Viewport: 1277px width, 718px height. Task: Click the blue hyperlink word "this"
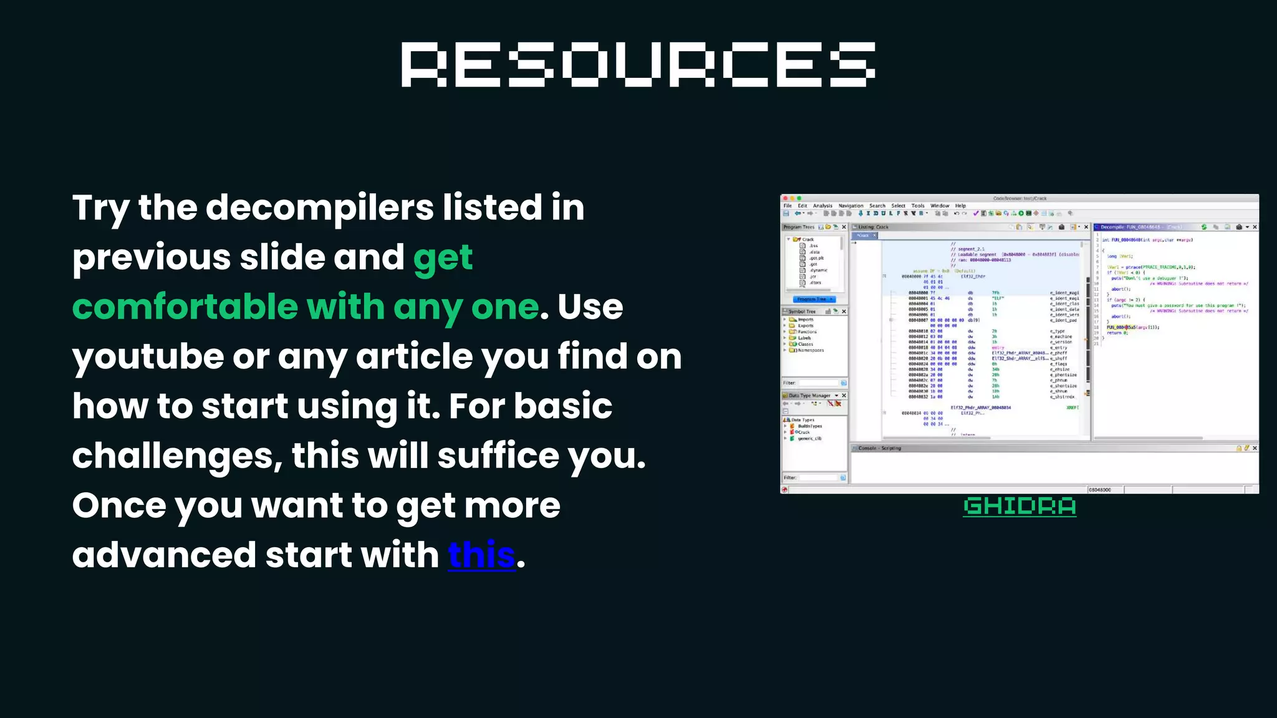tap(481, 555)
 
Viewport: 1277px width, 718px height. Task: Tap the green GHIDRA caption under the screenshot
tap(1019, 506)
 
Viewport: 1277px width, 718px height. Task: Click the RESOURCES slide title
tap(638, 65)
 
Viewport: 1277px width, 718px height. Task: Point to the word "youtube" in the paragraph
tap(148, 357)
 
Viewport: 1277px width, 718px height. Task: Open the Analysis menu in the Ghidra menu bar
tap(822, 206)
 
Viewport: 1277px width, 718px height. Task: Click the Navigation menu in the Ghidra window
tap(851, 206)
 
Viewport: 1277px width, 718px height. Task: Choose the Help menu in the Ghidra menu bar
tap(960, 206)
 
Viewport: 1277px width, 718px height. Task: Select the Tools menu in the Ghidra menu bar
tap(918, 206)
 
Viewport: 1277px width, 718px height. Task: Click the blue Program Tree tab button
tap(813, 299)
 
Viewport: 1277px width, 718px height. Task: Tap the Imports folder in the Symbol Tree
tap(806, 319)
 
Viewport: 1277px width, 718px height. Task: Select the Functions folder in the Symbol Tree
tap(807, 332)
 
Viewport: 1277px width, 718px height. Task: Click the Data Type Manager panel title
tap(809, 396)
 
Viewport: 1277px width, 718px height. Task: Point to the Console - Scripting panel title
tap(879, 448)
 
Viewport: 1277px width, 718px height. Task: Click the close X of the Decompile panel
tap(1255, 227)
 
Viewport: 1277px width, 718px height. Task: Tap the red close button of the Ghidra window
tap(785, 198)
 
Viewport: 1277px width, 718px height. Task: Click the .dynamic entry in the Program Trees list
tap(818, 270)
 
